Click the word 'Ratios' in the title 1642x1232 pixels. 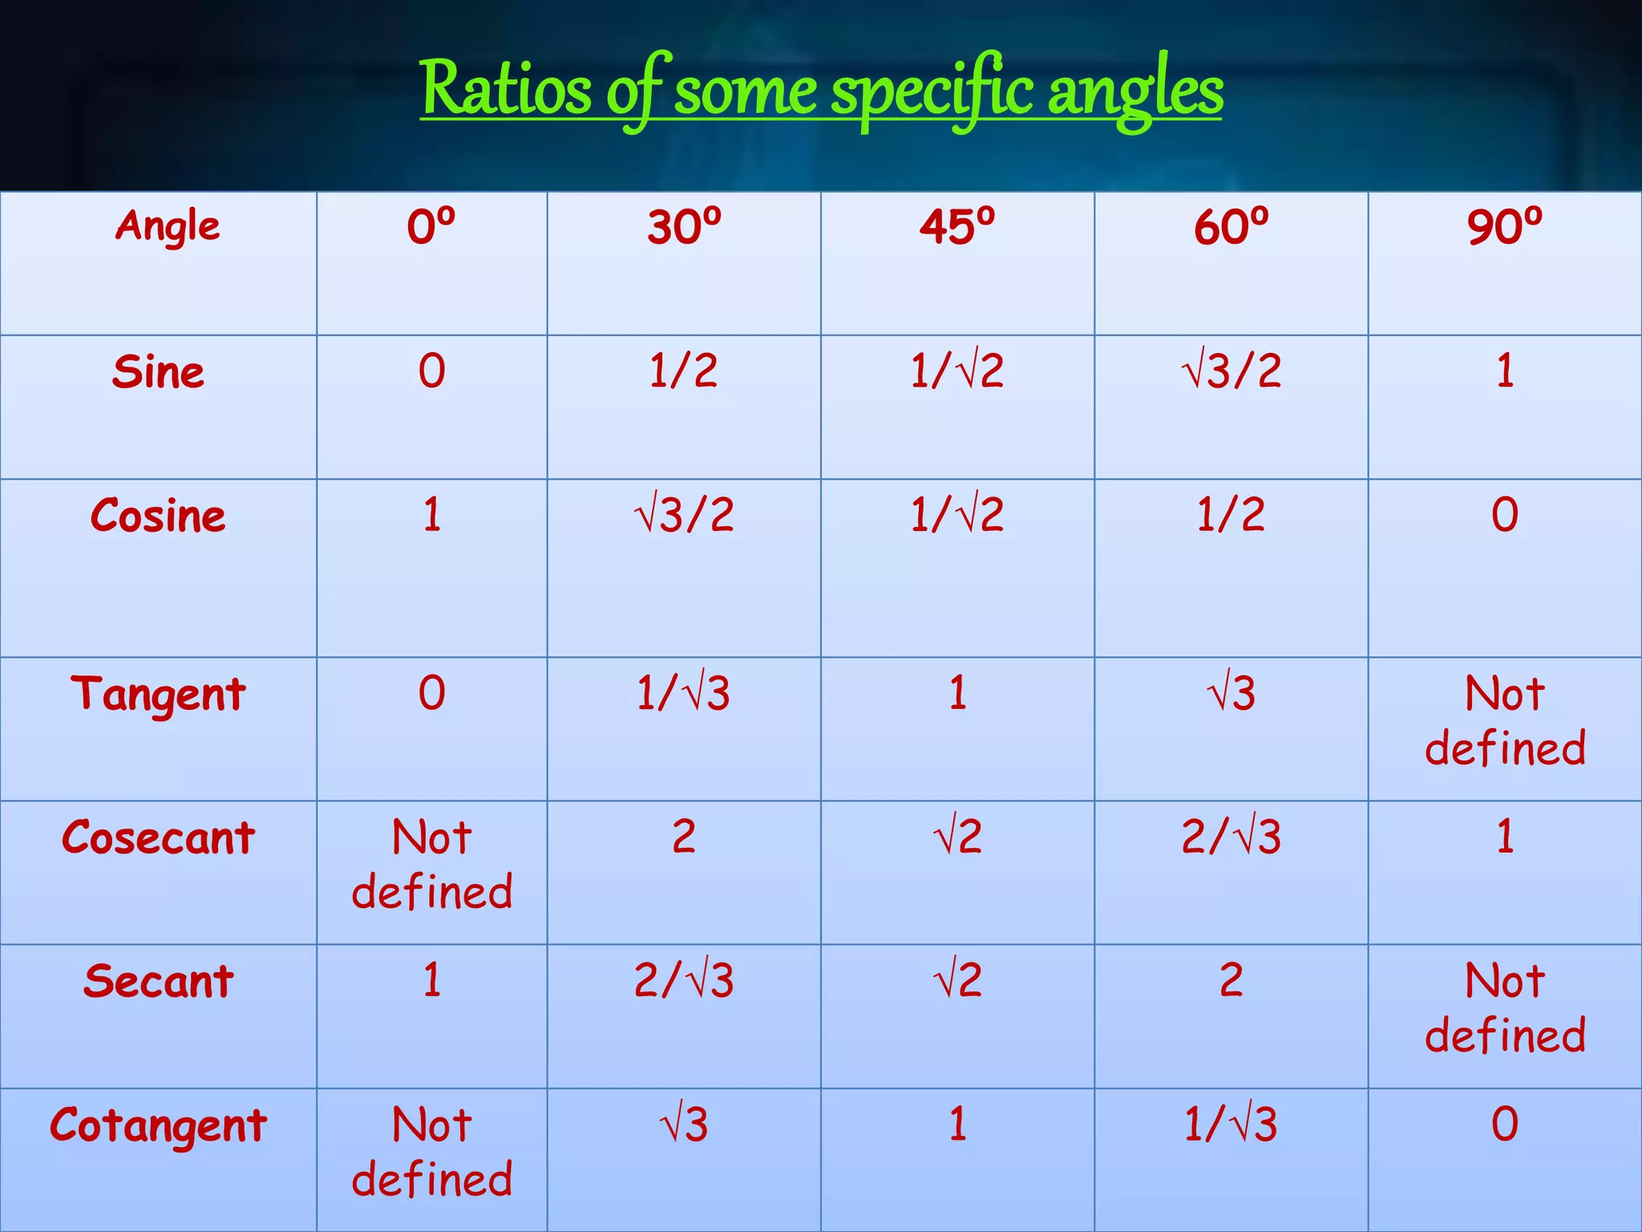(x=506, y=90)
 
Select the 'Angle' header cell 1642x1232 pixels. (x=167, y=226)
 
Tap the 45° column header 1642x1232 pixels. (x=957, y=227)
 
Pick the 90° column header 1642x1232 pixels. (x=1505, y=227)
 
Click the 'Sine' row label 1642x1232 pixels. (x=159, y=372)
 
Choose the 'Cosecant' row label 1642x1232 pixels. (x=159, y=837)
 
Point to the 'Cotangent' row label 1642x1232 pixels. (x=159, y=1125)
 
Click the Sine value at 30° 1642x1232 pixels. (x=683, y=371)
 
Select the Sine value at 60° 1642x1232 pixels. (x=1231, y=371)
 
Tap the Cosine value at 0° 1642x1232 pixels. (x=432, y=515)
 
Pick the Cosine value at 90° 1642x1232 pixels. (x=1505, y=515)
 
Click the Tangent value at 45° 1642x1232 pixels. (x=957, y=693)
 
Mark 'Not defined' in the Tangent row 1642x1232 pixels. (x=1505, y=720)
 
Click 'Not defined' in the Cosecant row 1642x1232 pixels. (x=432, y=864)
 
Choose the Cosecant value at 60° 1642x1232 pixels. (x=1231, y=837)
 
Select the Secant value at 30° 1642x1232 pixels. (x=683, y=980)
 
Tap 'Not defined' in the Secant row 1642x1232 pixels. (x=1505, y=1007)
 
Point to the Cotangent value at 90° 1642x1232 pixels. (x=1505, y=1124)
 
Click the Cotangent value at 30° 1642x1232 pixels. (x=683, y=1124)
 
